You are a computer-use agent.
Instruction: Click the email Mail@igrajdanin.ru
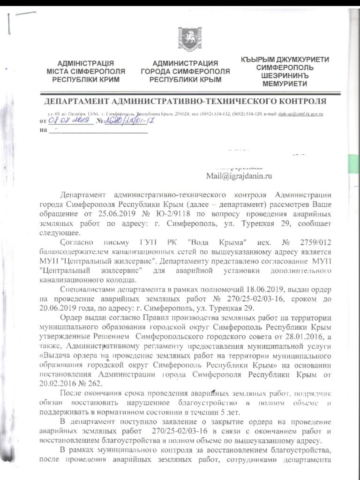239,176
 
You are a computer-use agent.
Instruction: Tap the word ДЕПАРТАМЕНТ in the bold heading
74,102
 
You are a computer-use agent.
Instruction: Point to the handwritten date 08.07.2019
66,121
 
